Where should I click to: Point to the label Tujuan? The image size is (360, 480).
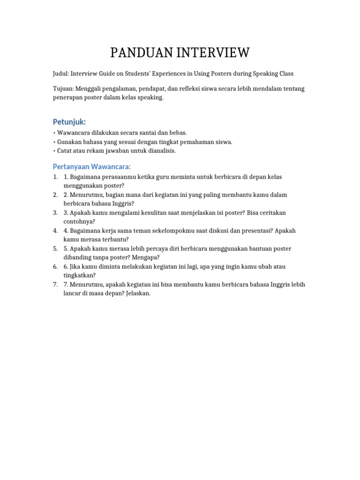(63, 89)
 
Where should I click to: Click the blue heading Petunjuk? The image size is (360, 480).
(69, 122)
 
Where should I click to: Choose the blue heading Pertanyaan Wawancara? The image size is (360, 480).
(91, 167)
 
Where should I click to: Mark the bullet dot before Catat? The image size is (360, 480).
(54, 151)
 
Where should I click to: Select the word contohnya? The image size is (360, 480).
(79, 221)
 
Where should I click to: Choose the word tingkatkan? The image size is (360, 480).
(79, 275)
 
